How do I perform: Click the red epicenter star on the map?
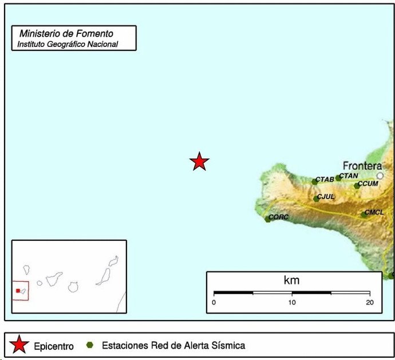coord(199,162)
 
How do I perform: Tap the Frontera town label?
coord(362,166)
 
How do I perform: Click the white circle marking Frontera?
coord(380,176)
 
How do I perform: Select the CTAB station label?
coord(325,180)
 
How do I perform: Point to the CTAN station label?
coord(349,176)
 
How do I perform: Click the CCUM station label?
coord(368,184)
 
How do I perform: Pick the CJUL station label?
coord(325,197)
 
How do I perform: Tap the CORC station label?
coord(279,217)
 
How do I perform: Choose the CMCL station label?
coord(374,213)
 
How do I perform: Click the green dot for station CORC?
coord(267,219)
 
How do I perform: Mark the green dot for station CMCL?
coord(364,215)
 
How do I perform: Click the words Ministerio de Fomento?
coord(66,34)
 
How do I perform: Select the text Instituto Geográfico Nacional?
coord(68,44)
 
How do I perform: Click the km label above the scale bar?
coord(291,280)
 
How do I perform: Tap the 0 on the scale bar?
coord(214,302)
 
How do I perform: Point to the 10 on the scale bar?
coord(292,302)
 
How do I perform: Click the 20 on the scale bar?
coord(369,302)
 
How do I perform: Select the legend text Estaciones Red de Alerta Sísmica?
coord(173,346)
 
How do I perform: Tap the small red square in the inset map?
coord(18,291)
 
